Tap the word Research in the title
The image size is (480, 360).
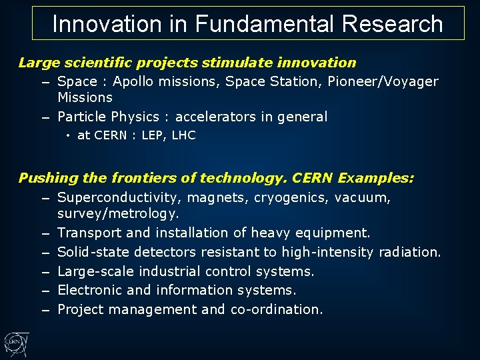coord(393,24)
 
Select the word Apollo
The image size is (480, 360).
coord(134,81)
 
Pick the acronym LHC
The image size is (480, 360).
coord(183,135)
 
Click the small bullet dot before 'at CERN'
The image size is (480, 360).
coord(69,136)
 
